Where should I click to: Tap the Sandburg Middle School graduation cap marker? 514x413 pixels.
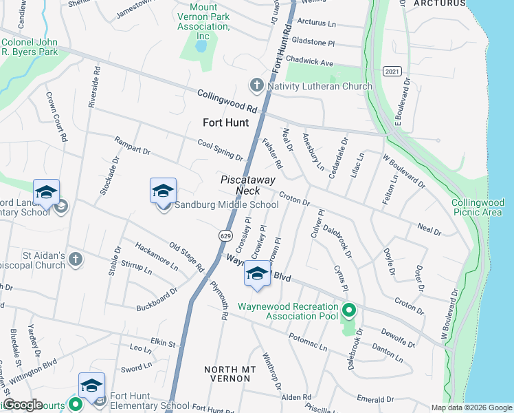164,191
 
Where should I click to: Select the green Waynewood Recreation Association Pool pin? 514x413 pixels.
349,311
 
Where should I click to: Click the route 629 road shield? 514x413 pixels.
225,235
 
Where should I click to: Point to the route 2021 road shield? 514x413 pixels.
392,72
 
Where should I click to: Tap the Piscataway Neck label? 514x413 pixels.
247,184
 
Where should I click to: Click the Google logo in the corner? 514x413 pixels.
23,405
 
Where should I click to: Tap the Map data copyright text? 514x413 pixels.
471,407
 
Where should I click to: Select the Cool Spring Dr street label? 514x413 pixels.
220,149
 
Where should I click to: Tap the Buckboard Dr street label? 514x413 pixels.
157,295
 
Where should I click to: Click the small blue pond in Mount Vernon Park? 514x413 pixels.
200,47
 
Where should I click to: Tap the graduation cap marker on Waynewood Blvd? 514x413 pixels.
257,274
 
